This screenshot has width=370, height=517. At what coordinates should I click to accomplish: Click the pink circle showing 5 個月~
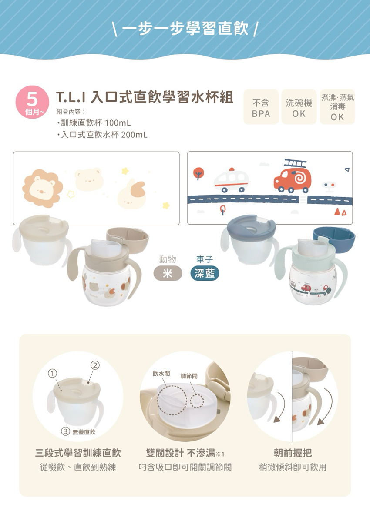pos(32,102)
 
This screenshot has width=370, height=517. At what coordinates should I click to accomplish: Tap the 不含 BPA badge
pos(261,107)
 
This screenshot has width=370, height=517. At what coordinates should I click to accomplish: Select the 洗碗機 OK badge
pos(299,107)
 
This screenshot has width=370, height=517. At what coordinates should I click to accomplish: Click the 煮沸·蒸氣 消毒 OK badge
pos(337,107)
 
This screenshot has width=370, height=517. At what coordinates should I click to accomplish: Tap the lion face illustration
pos(43,188)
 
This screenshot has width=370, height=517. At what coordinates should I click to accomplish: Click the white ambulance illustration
pos(231,181)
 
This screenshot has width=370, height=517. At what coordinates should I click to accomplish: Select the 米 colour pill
pos(168,273)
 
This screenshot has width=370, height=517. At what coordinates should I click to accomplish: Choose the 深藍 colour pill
pos(205,273)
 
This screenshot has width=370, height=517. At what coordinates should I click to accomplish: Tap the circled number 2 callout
pos(95,365)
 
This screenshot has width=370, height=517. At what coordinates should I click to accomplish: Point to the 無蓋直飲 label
pos(84,432)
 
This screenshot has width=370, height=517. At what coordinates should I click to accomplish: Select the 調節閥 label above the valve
pos(189,376)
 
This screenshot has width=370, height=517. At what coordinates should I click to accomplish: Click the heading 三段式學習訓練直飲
pos(78,453)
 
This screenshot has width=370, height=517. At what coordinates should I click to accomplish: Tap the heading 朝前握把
pos(293,453)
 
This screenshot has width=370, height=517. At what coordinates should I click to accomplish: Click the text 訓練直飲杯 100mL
pos(96,123)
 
